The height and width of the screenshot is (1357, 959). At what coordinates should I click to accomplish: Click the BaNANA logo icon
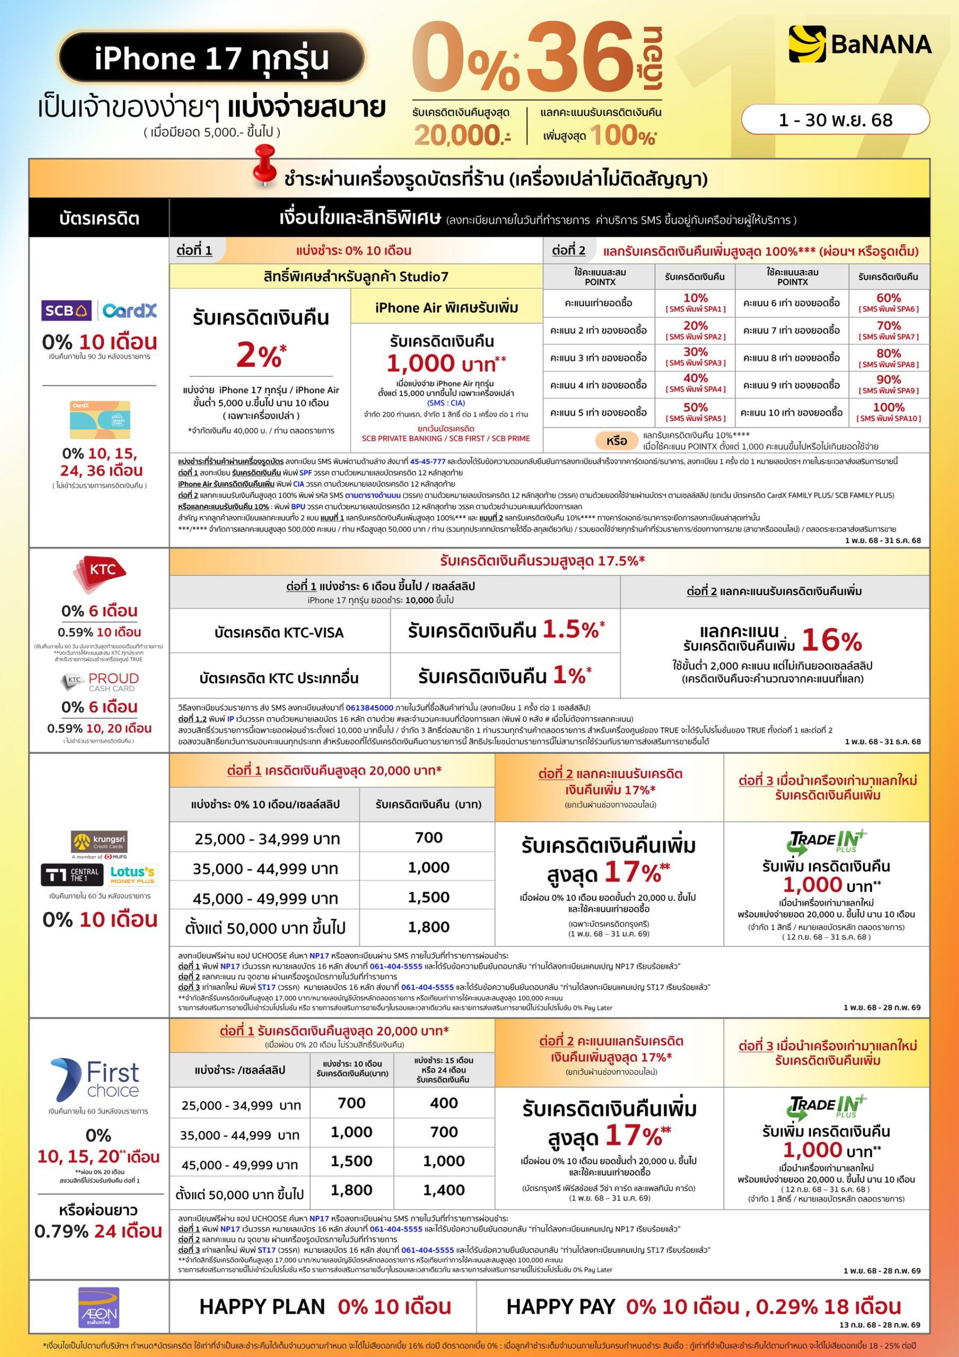807,45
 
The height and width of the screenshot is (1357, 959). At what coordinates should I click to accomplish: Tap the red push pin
265,164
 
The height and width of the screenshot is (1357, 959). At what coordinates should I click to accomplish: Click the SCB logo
66,310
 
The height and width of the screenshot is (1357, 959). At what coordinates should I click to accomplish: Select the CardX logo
129,310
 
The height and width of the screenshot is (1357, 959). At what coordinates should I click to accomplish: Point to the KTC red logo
99,571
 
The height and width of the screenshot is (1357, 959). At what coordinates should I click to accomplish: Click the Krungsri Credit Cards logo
99,842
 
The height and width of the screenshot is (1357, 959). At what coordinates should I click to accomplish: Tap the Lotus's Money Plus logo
132,874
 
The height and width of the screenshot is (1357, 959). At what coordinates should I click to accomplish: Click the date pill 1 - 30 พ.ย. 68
835,120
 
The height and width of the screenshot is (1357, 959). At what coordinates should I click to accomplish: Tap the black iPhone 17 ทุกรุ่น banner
211,58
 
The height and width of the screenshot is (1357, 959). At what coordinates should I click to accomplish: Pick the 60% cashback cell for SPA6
888,303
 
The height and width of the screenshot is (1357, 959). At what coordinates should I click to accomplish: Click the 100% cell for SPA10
888,412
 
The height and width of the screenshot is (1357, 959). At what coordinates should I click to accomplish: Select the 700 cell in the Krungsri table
429,838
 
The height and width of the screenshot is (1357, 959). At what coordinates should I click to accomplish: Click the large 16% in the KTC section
831,640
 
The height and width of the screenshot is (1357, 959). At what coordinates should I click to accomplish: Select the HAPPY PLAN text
262,1307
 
